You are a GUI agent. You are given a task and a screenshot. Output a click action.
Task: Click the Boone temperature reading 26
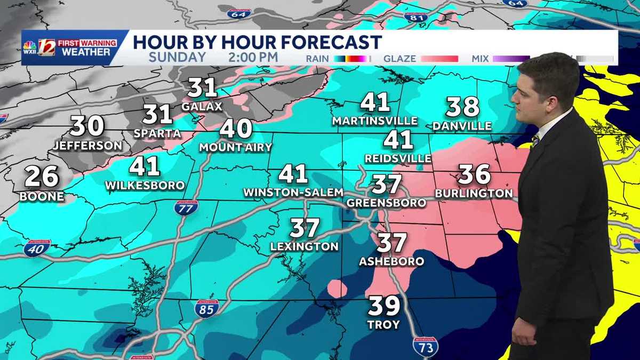pyautogui.click(x=42, y=177)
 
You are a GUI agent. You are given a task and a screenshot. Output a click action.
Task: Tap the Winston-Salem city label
pyautogui.click(x=293, y=191)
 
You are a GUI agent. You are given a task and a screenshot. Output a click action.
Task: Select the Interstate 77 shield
pyautogui.click(x=186, y=208)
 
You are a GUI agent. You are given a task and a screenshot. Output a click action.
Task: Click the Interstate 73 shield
pyautogui.click(x=425, y=346)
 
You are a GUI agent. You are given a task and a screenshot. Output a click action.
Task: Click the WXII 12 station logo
pyautogui.click(x=46, y=47)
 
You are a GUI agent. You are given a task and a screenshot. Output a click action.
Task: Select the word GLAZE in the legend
pyautogui.click(x=399, y=58)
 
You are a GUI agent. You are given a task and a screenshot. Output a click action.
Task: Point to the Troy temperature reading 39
pyautogui.click(x=384, y=306)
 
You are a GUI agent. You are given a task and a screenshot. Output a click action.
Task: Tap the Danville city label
pyautogui.click(x=462, y=126)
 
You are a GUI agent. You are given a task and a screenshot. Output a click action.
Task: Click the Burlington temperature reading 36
pyautogui.click(x=474, y=174)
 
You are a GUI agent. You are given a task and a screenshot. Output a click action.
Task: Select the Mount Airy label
pyautogui.click(x=235, y=147)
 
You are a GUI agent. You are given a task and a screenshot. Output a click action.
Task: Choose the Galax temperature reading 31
pyautogui.click(x=202, y=87)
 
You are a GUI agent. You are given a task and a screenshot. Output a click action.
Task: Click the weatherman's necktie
pyautogui.click(x=535, y=141)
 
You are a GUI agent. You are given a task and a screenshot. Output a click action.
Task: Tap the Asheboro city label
pyautogui.click(x=391, y=261)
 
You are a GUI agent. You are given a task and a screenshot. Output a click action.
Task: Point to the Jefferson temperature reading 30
pyautogui.click(x=87, y=126)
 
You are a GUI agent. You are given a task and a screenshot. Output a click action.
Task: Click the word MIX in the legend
pyautogui.click(x=481, y=58)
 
